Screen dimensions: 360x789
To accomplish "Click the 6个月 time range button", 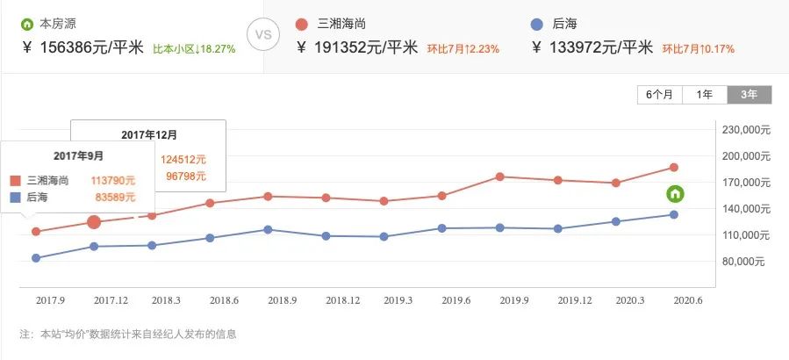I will coord(660,94).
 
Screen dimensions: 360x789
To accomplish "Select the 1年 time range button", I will coord(704,94).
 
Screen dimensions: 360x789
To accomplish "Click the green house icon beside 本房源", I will coord(27,23).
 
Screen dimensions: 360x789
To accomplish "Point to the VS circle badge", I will coord(262,37).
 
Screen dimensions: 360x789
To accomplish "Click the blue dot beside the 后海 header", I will coord(539,23).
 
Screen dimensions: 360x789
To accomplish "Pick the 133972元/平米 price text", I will coord(592,48).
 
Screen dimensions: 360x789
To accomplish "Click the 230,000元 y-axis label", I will coord(745,130).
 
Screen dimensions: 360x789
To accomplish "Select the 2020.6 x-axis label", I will coord(686,300).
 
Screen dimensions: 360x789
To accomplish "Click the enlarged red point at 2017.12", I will coord(94,222).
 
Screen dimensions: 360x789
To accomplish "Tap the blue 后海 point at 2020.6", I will coord(674,214).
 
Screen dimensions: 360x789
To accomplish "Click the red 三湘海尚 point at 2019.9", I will coord(500,176).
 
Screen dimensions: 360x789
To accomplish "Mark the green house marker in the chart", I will coord(675,194).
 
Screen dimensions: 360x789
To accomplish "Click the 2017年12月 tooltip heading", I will coord(148,134).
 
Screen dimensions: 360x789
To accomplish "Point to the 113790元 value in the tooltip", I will coord(113,179).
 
